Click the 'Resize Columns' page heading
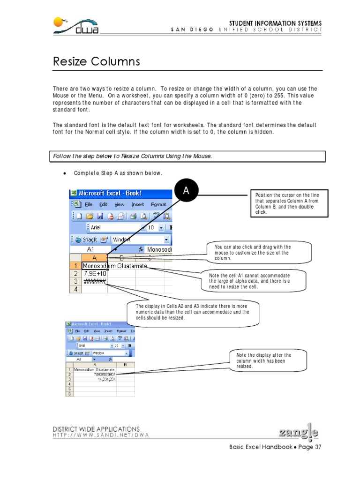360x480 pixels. [x=96, y=61]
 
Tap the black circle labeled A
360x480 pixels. [x=186, y=191]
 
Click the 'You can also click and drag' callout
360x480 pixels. [x=260, y=252]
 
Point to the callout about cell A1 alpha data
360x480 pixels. [x=256, y=281]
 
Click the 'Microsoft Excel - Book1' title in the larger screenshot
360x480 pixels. [x=110, y=193]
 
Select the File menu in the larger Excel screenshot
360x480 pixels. [x=89, y=204]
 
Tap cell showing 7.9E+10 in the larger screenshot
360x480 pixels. [x=95, y=274]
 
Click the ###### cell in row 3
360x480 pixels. [x=95, y=282]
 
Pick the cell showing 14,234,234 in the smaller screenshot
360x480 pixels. [x=106, y=379]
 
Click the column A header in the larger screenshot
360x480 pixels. [x=94, y=258]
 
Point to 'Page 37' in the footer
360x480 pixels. [x=308, y=447]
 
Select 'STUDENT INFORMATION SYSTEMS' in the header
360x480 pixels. [x=275, y=23]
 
